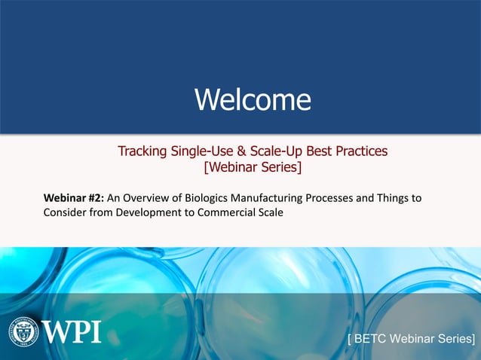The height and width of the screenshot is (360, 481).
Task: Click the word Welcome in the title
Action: [253, 99]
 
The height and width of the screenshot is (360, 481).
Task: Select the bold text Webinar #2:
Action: [74, 198]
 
